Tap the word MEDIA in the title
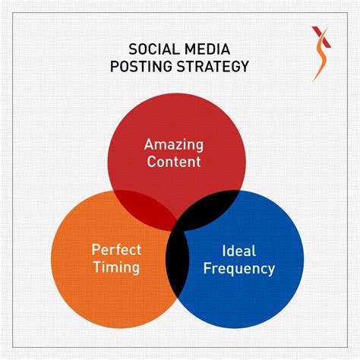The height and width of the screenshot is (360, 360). click(207, 49)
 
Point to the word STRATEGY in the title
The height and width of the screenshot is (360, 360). click(213, 66)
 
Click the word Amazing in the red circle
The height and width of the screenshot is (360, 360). click(174, 145)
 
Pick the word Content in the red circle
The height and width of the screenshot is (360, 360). click(174, 162)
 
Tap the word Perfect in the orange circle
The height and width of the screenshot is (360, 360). click(116, 250)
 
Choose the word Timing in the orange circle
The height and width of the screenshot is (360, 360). click(116, 267)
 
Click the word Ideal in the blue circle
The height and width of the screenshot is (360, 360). click(238, 251)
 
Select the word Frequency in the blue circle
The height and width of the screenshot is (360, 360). click(239, 268)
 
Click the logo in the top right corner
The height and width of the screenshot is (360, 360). click(321, 54)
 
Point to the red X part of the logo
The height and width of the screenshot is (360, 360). click(321, 36)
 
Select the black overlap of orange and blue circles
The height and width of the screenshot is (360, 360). click(178, 260)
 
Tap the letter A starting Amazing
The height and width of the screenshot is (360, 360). click(149, 144)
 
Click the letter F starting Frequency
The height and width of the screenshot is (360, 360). click(207, 268)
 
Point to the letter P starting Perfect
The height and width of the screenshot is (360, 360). click(96, 250)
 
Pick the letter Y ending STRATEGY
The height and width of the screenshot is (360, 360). click(244, 66)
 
